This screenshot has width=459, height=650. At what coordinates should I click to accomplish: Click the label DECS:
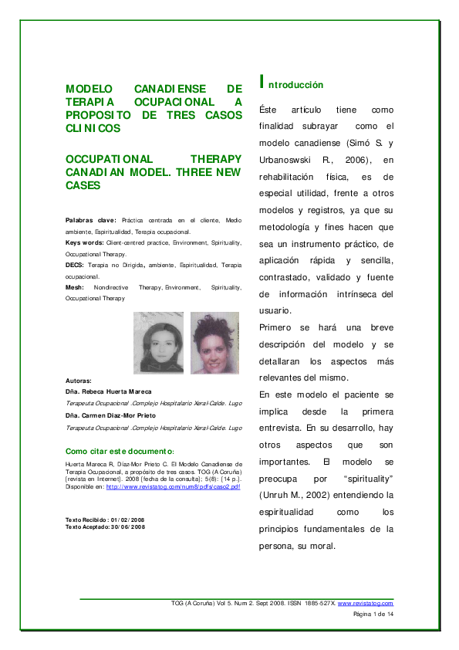[75, 265]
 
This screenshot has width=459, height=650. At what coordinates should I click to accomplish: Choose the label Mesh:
[75, 287]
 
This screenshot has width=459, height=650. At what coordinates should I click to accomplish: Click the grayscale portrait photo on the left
[158, 343]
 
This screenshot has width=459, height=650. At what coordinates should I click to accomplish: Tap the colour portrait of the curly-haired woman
[214, 343]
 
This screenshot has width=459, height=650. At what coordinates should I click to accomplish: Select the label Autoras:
[79, 381]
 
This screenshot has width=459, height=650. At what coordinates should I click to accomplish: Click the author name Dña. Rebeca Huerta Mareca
[108, 392]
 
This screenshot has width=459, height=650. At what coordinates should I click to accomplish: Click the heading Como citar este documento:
[120, 451]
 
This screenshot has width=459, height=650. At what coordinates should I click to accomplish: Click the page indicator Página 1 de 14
[373, 614]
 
